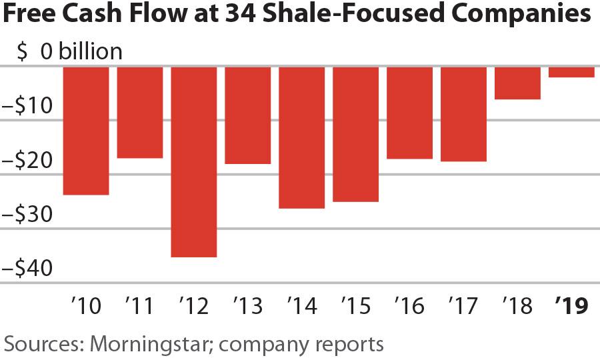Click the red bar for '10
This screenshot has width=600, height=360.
tap(86, 131)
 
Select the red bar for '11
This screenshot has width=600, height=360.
tap(140, 112)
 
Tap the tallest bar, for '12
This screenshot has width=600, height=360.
tap(194, 161)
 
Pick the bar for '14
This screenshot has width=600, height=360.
tap(301, 137)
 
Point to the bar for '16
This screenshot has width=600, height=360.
tap(409, 113)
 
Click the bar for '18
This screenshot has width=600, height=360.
tap(517, 83)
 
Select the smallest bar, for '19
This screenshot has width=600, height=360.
tap(571, 72)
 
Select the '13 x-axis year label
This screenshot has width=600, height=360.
tap(247, 306)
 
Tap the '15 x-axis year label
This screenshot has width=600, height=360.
tap(355, 306)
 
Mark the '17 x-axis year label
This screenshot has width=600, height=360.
tap(463, 306)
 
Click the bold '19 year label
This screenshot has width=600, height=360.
tap(572, 306)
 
